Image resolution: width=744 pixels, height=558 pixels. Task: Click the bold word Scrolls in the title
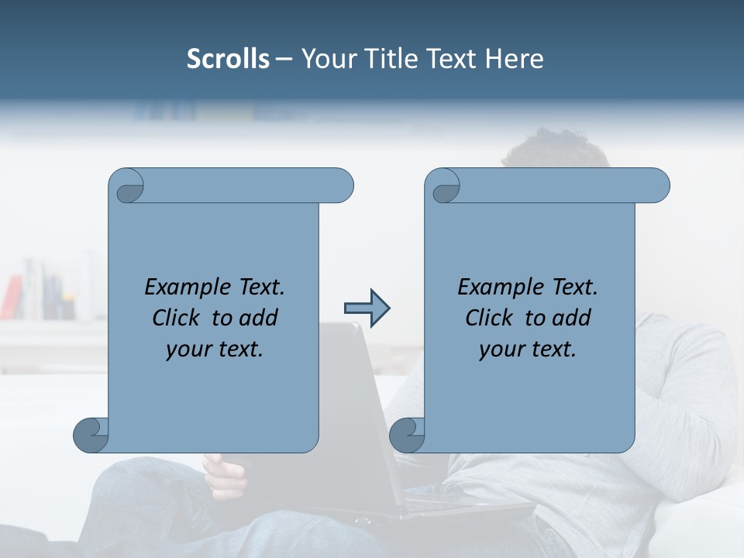pyautogui.click(x=228, y=59)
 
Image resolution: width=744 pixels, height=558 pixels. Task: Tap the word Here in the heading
pyautogui.click(x=514, y=59)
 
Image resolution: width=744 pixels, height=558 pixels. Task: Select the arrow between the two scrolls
pyautogui.click(x=367, y=308)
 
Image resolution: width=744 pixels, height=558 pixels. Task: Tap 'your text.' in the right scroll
pyautogui.click(x=527, y=349)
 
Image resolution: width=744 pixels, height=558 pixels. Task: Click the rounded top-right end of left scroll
pyautogui.click(x=341, y=185)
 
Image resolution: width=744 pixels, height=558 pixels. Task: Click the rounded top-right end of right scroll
pyautogui.click(x=657, y=185)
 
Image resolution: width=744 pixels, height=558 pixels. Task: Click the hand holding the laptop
pyautogui.click(x=225, y=477)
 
